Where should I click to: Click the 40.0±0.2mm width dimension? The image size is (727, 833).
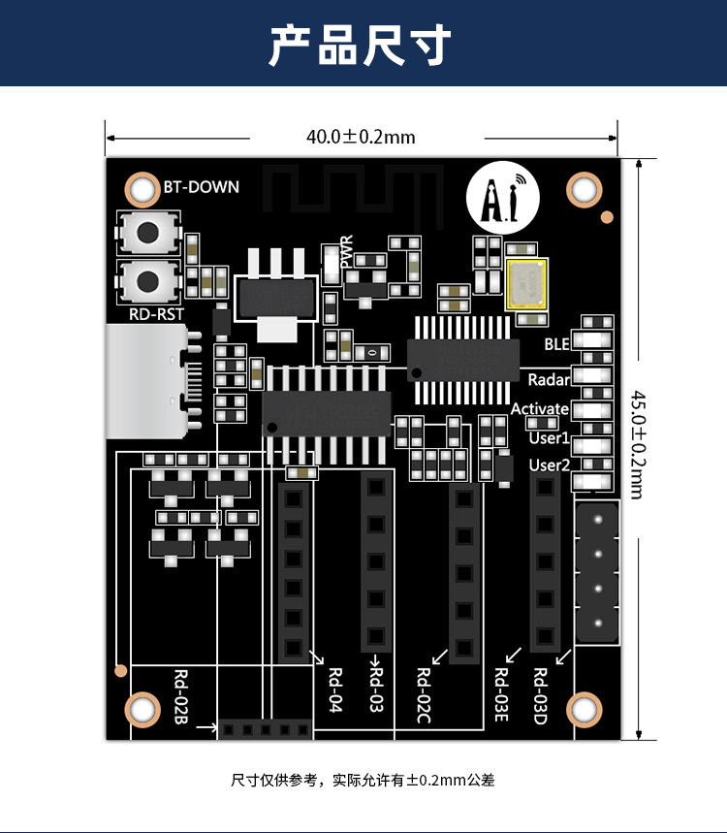(361, 137)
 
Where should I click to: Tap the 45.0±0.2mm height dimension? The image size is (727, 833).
(638, 445)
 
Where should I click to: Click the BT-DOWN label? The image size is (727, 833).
(201, 187)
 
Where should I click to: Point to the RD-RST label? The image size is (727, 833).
(156, 314)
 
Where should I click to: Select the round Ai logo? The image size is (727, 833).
(502, 198)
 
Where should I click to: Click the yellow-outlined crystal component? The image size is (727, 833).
(525, 284)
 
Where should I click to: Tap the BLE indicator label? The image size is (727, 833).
(556, 344)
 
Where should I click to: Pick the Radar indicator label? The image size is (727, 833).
(549, 380)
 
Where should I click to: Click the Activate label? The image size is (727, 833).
(540, 408)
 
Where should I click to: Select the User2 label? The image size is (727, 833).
(549, 465)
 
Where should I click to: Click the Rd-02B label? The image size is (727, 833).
(181, 696)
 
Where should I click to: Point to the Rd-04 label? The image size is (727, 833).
(335, 689)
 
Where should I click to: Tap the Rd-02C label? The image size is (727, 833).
(424, 695)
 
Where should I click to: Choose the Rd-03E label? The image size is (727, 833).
(501, 695)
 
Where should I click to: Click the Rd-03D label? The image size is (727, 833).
(540, 696)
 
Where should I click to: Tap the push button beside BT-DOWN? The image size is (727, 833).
(148, 232)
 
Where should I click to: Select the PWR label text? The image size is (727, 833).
(346, 252)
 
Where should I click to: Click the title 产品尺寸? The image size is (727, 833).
(361, 45)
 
